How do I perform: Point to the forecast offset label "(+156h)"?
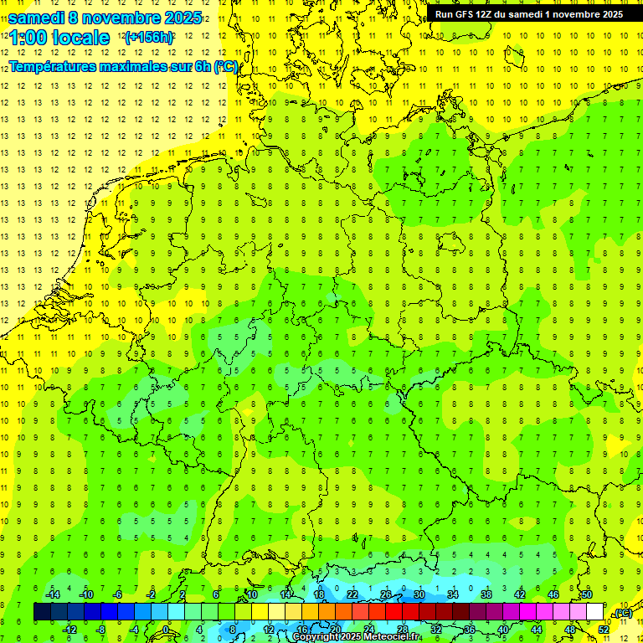pos(148,38)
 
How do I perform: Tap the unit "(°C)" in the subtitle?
pos(226,66)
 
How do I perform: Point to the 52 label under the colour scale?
pos(603,630)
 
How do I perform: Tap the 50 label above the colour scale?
pos(586,594)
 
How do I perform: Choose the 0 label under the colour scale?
pos(167,630)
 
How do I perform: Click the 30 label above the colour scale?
pos(419,594)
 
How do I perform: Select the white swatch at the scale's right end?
pos(594,612)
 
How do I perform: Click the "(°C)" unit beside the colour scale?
pos(623,613)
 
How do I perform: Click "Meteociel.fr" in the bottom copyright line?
pos(391,637)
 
